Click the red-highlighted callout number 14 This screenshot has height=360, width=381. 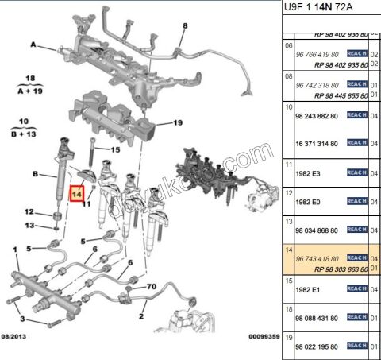point(78,193)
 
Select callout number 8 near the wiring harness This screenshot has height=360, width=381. point(184,25)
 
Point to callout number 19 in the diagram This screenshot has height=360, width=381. point(178,122)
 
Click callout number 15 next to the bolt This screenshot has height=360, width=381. point(114,149)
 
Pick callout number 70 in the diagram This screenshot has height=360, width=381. point(151,285)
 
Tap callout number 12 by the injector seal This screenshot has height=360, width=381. point(29,211)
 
